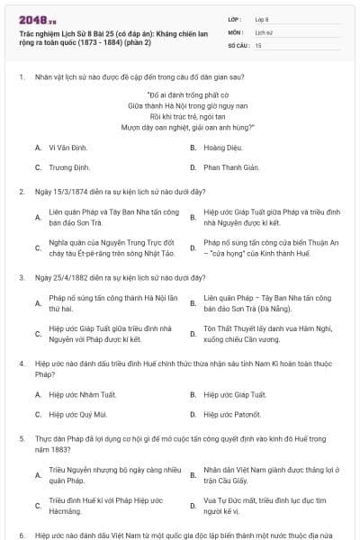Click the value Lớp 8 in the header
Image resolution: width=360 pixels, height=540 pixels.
263,18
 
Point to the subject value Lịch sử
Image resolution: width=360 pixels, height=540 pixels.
263,31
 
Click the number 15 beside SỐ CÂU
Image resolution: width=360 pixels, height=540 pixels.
258,44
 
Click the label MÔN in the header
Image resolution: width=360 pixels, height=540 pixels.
235,31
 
